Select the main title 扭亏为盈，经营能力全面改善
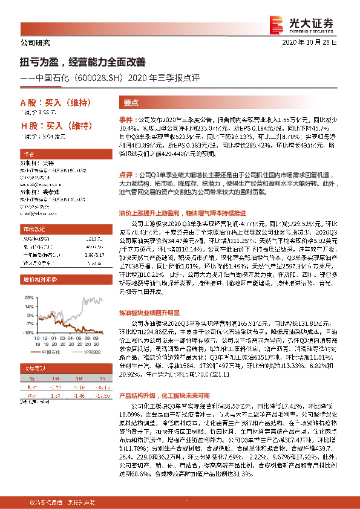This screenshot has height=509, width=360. (x=82, y=61)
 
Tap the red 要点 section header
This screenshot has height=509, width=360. (x=131, y=103)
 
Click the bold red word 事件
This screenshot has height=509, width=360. (x=125, y=121)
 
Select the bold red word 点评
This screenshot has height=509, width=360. (x=125, y=173)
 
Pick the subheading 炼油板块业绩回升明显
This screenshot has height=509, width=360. (x=149, y=313)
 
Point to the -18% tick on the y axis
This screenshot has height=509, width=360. (x=27, y=332)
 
